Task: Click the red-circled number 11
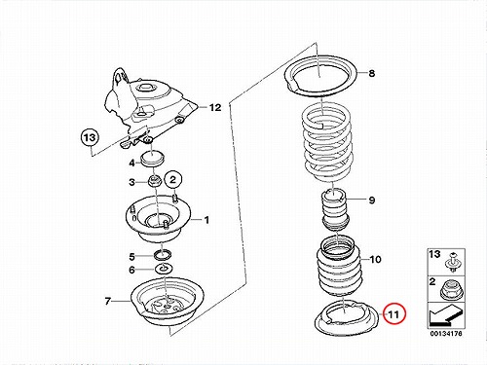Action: [393, 314]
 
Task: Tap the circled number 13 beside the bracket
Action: [90, 137]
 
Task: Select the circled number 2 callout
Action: [173, 179]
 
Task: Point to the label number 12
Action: [215, 107]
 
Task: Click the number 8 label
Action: [372, 73]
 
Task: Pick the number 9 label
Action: [372, 200]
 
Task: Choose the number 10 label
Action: [375, 260]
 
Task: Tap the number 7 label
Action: [108, 301]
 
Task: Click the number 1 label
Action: [206, 220]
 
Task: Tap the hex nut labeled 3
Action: [155, 181]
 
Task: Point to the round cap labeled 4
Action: [153, 159]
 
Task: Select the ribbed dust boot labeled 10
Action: [339, 267]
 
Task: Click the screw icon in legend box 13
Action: [452, 262]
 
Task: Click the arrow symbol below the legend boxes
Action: [446, 316]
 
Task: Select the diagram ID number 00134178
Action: [446, 333]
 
